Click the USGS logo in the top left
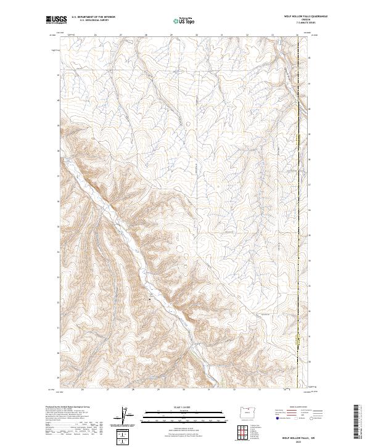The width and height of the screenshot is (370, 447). point(55,20)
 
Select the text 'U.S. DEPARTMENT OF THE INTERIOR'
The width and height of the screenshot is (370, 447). point(93,17)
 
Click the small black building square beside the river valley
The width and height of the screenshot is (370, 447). point(150,298)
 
